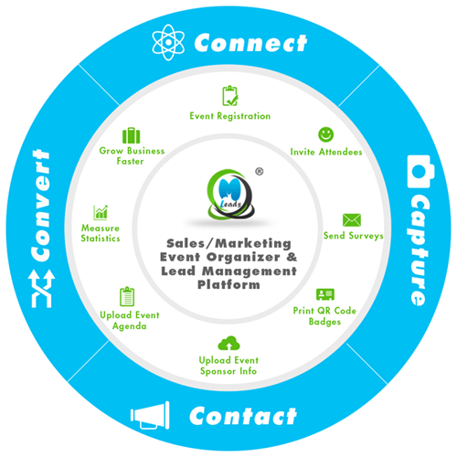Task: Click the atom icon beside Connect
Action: coord(168,42)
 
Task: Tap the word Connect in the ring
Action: coord(250,43)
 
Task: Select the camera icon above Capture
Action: coord(420,171)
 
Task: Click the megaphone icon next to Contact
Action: coord(150,415)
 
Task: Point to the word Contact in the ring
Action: coord(243,416)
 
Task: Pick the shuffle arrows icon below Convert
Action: coord(42,289)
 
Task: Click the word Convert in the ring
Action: coord(41,206)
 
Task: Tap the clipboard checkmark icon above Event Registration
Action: coord(230,96)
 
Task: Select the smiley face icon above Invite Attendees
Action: coord(326,134)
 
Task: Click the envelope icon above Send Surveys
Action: coord(352,220)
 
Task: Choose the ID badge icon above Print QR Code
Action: coord(325,294)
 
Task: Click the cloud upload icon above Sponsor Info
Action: coord(228,343)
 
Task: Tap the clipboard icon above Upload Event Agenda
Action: coord(127,296)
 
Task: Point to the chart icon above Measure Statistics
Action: coord(101,212)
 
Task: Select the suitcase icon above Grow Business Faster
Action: coord(132,135)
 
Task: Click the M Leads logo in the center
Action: coord(230,194)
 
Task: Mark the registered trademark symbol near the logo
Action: coord(260,172)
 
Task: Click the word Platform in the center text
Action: coord(228,284)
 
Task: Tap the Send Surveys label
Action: coord(354,236)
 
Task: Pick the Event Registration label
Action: coord(230,116)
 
